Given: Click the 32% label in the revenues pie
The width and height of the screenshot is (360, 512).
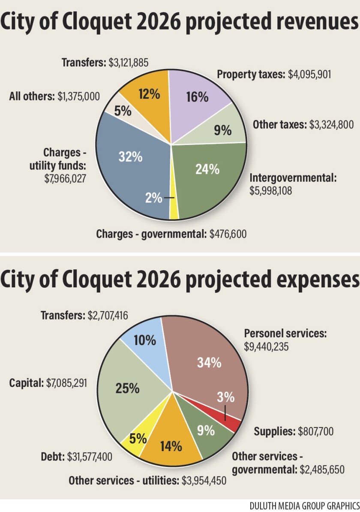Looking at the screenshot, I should click(131, 157).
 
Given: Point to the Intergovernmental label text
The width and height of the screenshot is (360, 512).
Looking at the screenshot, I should click(293, 178).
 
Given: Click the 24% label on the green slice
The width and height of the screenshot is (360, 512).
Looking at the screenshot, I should click(207, 169).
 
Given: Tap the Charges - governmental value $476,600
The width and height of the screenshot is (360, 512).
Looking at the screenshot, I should click(228, 234).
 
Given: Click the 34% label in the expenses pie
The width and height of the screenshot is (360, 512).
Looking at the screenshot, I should click(209, 362).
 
